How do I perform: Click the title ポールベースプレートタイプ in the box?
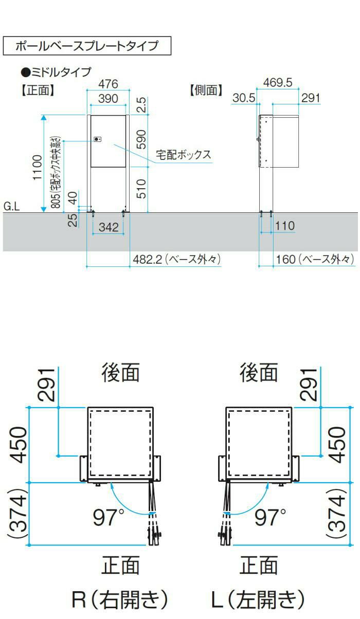point(87,46)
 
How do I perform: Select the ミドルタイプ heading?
point(56,72)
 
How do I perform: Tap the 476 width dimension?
point(108,84)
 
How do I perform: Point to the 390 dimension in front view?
point(108,99)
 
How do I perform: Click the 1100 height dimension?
point(38,168)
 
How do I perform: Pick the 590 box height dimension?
point(141,139)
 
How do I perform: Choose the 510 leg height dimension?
point(141,189)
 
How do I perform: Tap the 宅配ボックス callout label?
point(184,155)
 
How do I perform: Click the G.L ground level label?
point(12,206)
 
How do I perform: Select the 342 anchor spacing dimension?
point(109,227)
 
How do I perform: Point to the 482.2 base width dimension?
point(177,259)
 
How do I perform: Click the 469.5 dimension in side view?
point(278,83)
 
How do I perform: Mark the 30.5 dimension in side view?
point(244,98)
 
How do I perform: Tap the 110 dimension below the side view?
point(285,226)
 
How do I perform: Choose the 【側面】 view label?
point(206,90)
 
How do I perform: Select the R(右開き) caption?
point(120,599)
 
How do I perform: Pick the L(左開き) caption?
point(258,599)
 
